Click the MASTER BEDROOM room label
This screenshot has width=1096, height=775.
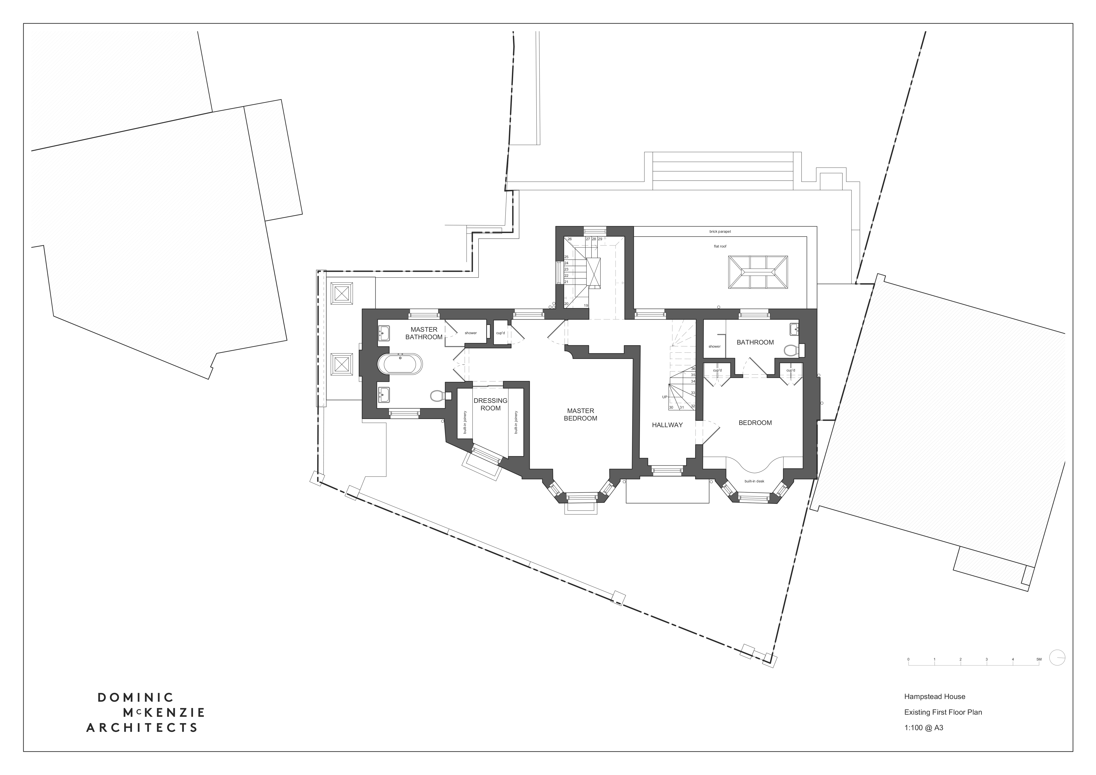point(580,414)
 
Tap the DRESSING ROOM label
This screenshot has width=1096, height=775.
point(490,404)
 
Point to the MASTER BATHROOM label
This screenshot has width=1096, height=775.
point(424,333)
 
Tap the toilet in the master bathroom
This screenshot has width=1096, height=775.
point(438,396)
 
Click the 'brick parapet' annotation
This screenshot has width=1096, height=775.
point(720,231)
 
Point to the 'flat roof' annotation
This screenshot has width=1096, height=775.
point(720,246)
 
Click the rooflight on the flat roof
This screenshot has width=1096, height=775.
point(758,272)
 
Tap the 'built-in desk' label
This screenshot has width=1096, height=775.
point(754,481)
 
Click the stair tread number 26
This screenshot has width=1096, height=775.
point(569,239)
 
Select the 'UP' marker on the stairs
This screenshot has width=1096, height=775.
point(664,397)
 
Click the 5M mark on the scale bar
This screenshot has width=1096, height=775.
point(1039,659)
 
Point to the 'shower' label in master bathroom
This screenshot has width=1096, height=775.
point(471,333)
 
